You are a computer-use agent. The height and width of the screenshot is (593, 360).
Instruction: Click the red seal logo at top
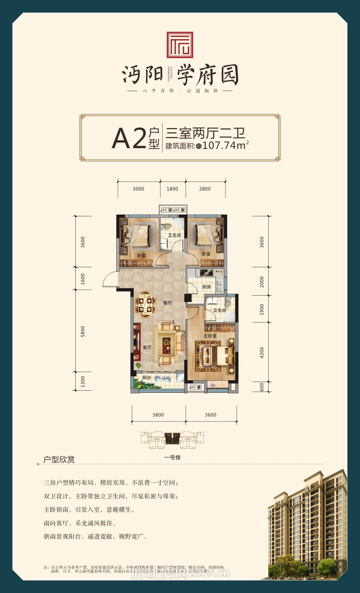180,45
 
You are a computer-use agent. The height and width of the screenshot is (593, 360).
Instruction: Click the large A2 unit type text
128,138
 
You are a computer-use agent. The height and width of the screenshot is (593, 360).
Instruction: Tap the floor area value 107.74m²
225,145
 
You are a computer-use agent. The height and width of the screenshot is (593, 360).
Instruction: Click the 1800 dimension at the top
172,189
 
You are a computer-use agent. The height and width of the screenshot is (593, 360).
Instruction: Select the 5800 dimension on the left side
83,331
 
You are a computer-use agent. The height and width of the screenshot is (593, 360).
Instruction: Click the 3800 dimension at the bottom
158,415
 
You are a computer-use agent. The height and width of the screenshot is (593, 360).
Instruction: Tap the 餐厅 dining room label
167,303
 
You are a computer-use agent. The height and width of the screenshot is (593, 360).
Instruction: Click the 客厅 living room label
147,347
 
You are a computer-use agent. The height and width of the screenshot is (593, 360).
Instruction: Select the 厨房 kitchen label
206,287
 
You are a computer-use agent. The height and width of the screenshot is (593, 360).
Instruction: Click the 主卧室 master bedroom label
210,336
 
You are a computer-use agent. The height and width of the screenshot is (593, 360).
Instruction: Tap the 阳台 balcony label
146,378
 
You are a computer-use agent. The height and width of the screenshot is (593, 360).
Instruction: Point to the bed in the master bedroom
215,356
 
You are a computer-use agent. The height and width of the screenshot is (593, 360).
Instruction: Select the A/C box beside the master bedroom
194,387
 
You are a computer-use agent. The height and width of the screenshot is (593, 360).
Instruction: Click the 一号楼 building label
172,457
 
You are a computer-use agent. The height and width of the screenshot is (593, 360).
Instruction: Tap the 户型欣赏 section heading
59,460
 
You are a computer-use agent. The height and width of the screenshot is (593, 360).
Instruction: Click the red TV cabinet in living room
137,342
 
